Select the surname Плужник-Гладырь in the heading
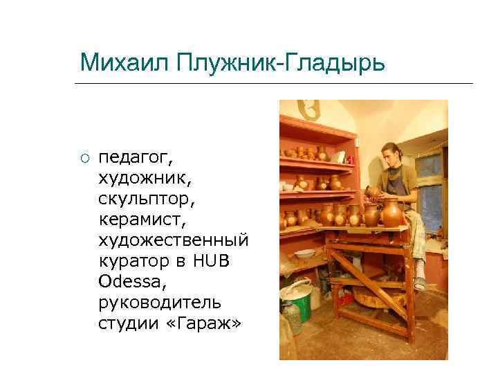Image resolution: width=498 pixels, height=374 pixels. click(280, 64)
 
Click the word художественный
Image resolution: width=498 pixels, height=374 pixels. click(173, 239)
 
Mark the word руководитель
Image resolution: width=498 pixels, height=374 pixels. click(160, 302)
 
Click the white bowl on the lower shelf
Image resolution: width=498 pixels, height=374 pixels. click(304, 253)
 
